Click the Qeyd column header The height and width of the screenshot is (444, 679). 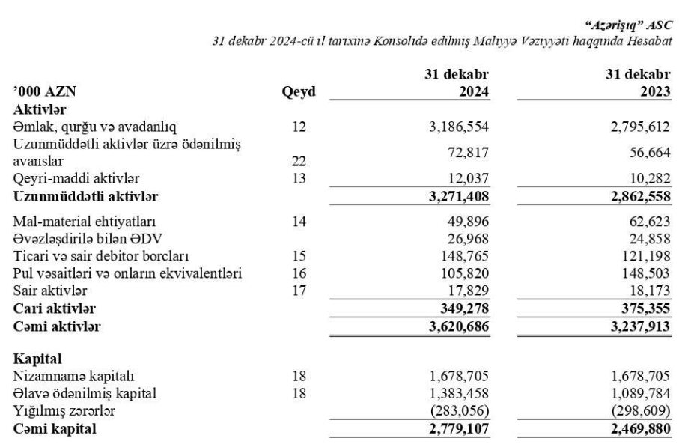coord(298,93)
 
